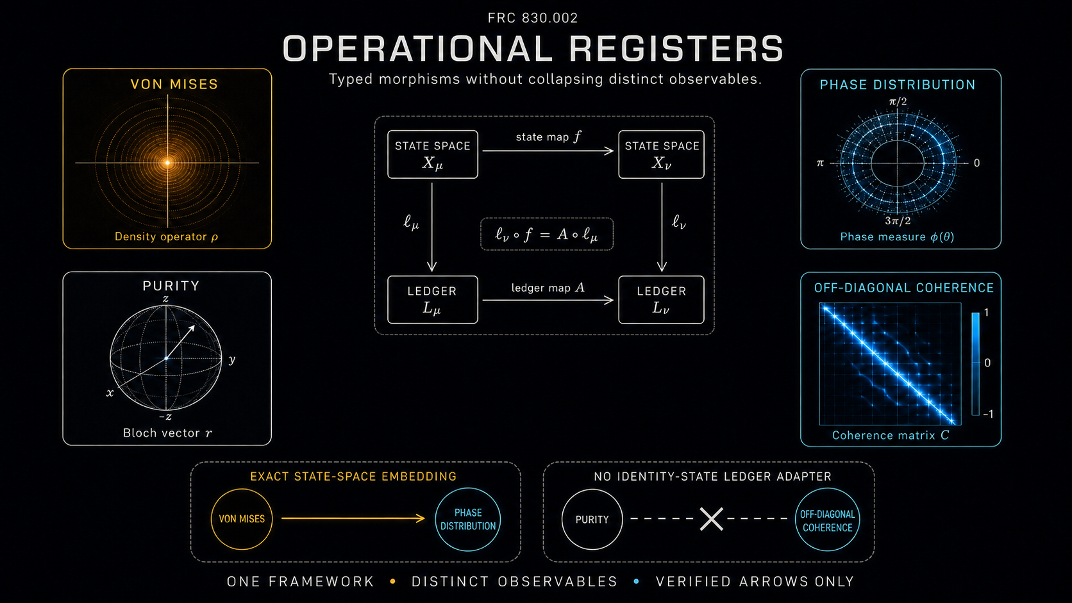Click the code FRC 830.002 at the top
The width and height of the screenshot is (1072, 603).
[x=533, y=18]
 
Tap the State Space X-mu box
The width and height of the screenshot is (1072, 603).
[x=433, y=154]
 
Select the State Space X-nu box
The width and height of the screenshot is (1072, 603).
[x=662, y=154]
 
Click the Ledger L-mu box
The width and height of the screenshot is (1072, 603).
[x=433, y=300]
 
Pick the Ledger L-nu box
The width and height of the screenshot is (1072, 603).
[x=662, y=300]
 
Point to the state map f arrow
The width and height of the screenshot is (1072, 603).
[x=548, y=151]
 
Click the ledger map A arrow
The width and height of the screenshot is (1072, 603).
[x=548, y=301]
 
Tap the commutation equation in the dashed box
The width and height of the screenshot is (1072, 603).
[x=547, y=235]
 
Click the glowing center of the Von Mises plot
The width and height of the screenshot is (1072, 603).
[x=167, y=163]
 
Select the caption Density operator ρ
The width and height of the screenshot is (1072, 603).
[x=167, y=236]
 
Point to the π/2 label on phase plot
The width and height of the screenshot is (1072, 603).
[x=898, y=101]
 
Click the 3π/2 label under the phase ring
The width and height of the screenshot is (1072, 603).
[x=898, y=221]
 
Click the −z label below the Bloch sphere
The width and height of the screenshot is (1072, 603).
[x=165, y=417]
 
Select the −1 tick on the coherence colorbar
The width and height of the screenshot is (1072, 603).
[x=988, y=413]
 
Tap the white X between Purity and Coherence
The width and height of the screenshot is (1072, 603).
[x=712, y=519]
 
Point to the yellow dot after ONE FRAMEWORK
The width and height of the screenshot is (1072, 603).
[x=393, y=581]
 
